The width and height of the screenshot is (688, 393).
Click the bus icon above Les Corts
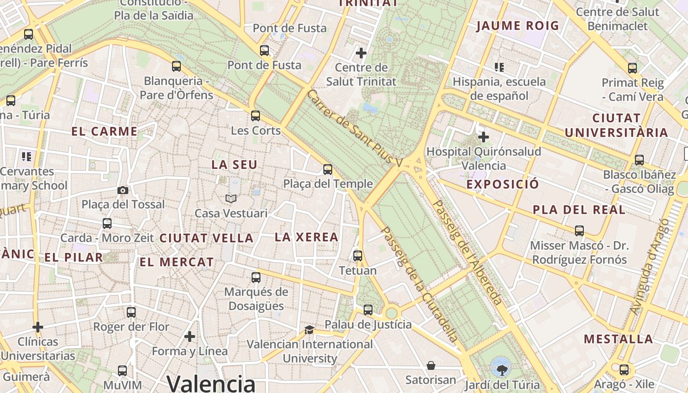point(255,116)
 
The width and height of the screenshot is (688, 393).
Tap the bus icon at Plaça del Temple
point(328,169)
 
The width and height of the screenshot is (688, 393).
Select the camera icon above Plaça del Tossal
point(123,190)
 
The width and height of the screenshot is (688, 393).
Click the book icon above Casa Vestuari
point(230,198)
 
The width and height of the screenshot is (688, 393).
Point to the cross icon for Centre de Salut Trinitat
point(361,53)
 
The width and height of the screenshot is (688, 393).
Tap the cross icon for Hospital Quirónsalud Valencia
point(484,137)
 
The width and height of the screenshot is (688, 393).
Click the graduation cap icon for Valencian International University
point(309,330)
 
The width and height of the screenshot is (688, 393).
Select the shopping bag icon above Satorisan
point(431,365)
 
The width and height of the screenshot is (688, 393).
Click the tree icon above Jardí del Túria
point(501,366)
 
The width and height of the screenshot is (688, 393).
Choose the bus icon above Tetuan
point(358,256)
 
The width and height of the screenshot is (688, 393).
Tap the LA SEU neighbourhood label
point(234,165)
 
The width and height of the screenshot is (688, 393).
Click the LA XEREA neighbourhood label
point(307,237)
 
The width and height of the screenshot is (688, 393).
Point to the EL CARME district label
point(104,131)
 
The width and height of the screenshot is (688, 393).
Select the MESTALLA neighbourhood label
point(618,339)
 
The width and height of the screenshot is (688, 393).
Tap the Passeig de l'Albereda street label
point(466,253)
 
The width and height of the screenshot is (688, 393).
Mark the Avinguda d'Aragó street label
point(650,266)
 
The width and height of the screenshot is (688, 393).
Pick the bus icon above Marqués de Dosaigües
point(256,278)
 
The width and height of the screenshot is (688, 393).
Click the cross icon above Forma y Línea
point(190,337)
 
